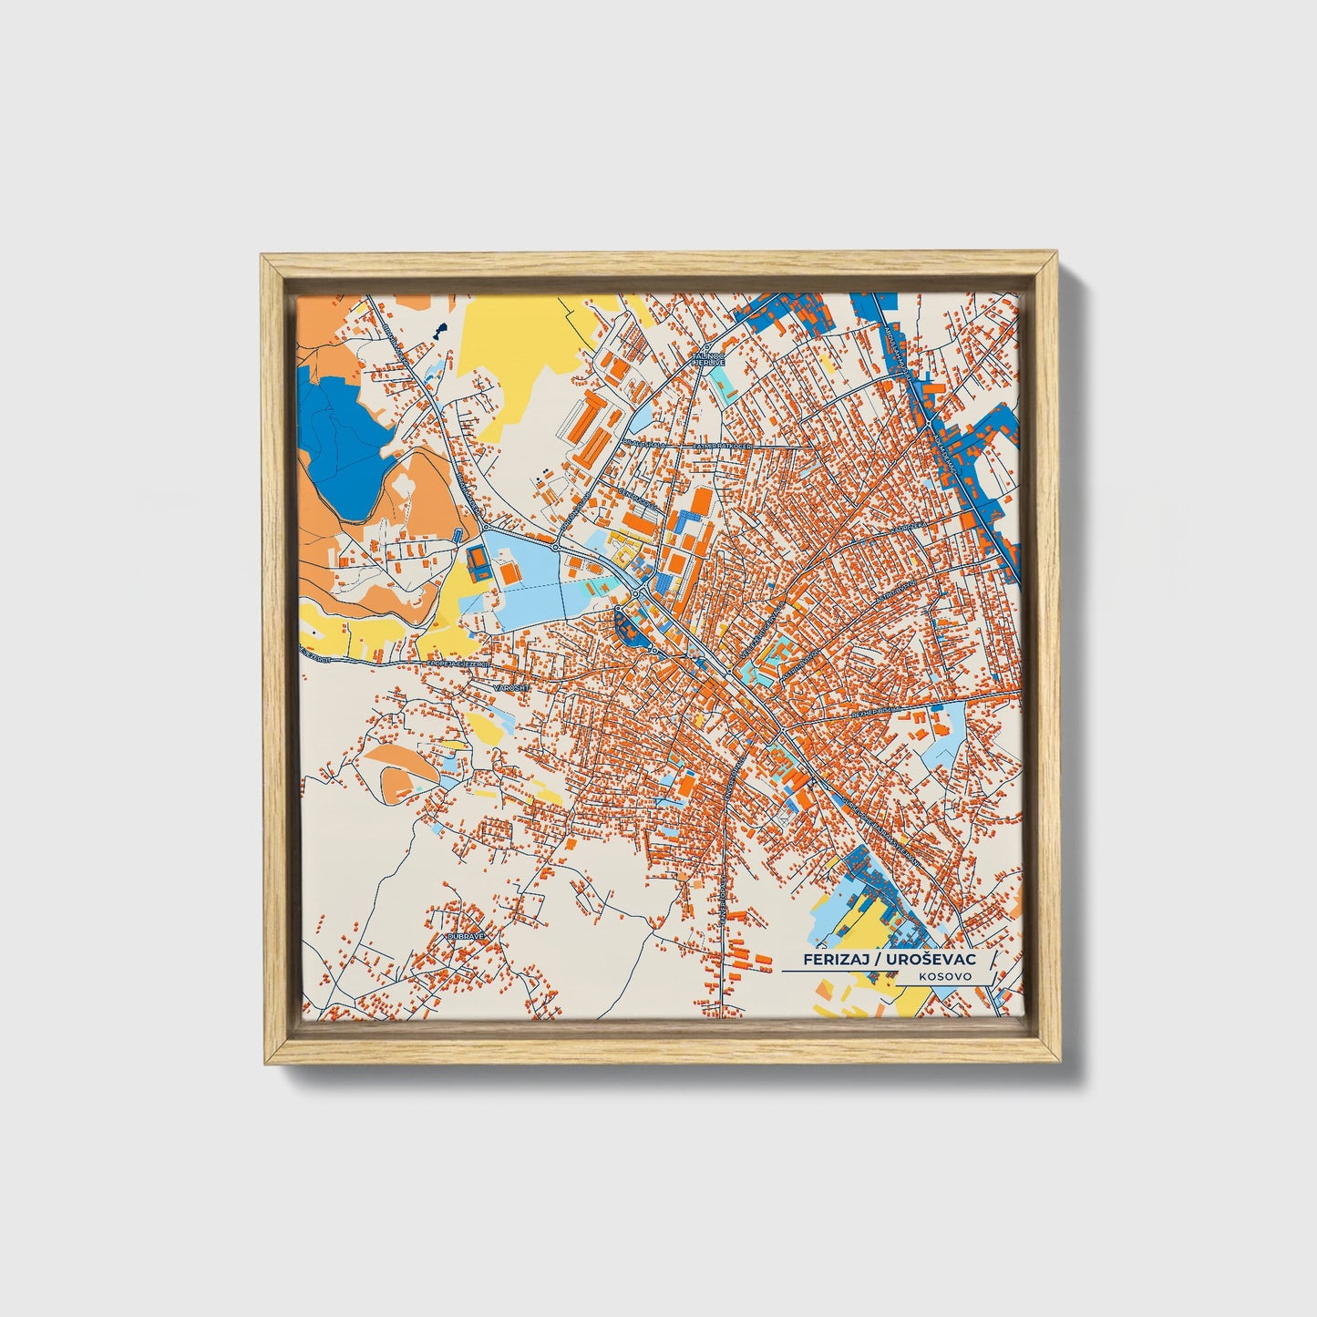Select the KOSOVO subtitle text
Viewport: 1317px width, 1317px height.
pos(945,976)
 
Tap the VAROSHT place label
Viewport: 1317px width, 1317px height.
pos(510,687)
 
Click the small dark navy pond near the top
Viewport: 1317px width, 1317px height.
pos(440,328)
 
